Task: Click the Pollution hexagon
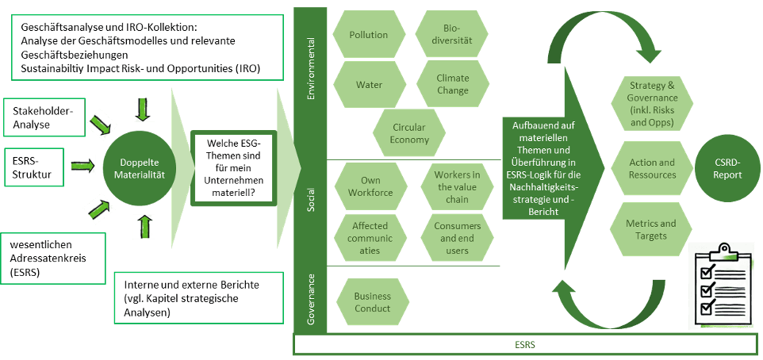pos(369,35)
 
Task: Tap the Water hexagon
pos(369,85)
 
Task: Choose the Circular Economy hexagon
pos(409,133)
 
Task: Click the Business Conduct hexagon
pos(373,303)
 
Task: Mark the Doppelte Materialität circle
pos(142,167)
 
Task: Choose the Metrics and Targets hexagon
pos(652,229)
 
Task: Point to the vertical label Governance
pos(310,300)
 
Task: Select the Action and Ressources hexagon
pos(652,168)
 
